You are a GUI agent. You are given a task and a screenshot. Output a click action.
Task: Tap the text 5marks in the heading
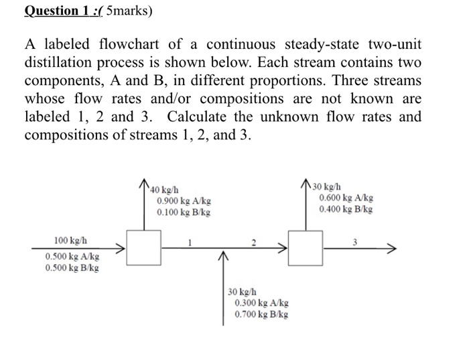click(x=133, y=11)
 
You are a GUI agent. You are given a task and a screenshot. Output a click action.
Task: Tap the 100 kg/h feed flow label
click(x=70, y=239)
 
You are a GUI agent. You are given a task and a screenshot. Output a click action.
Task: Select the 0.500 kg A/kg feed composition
click(x=72, y=257)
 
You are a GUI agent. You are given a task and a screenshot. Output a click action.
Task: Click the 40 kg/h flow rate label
click(x=165, y=189)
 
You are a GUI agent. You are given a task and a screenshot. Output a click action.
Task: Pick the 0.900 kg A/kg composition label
click(x=184, y=200)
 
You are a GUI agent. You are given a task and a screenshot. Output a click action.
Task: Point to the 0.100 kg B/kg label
click(x=184, y=212)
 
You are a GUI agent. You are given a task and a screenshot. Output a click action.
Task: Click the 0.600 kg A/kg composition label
click(x=346, y=198)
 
